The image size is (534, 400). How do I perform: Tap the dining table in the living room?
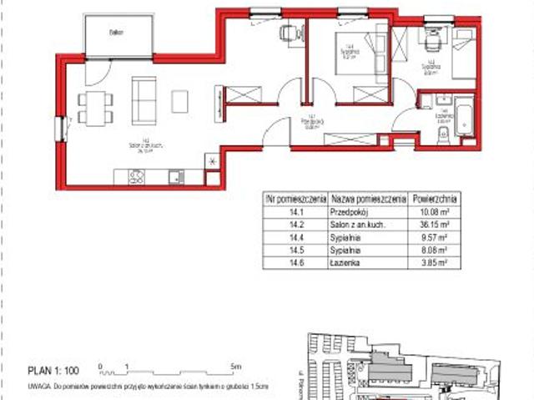tap(95, 106)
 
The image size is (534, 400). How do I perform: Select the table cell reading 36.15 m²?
tap(435, 224)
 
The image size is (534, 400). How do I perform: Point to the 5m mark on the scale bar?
tap(238, 366)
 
